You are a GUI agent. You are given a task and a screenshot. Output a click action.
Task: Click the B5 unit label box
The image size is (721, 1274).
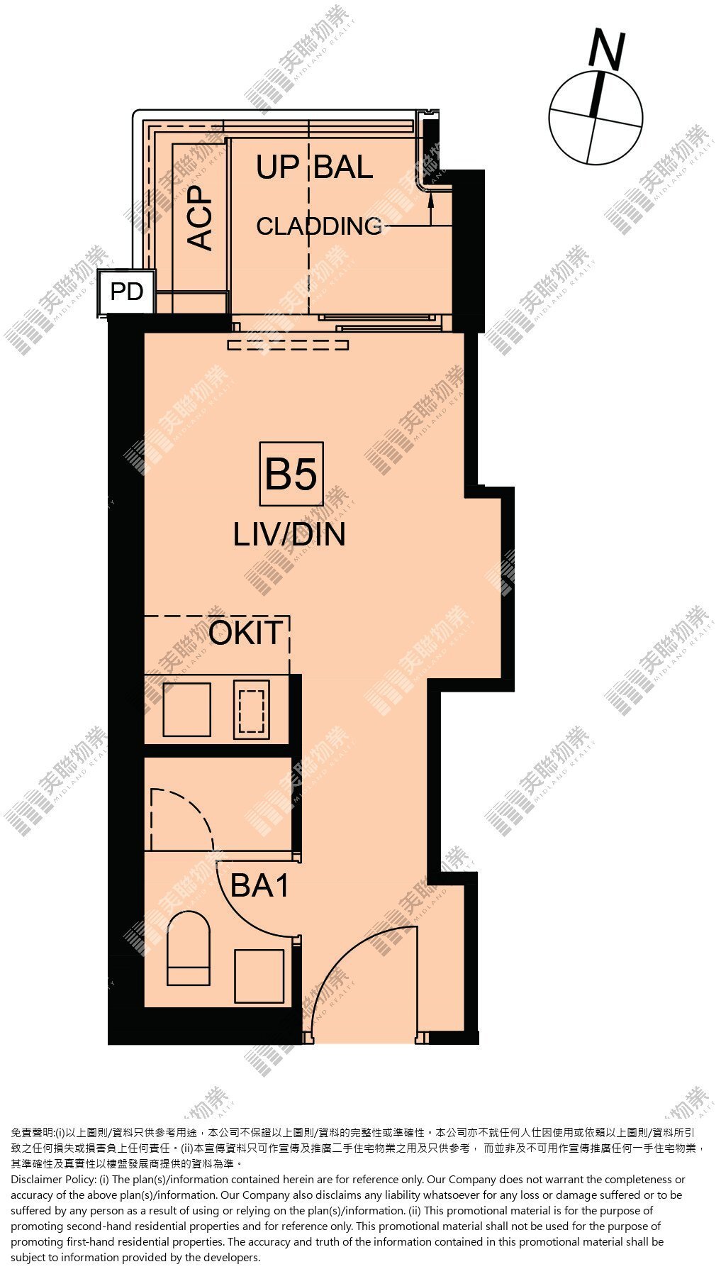click(291, 474)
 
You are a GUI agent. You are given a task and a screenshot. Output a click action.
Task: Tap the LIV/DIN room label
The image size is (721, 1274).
click(289, 535)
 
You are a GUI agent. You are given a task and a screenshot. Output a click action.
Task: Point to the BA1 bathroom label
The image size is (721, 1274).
click(259, 886)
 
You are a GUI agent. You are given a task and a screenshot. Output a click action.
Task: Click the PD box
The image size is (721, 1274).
click(126, 292)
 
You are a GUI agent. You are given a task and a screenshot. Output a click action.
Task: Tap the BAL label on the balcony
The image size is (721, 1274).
click(344, 167)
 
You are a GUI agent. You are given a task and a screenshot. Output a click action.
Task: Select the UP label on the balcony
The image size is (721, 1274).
click(277, 167)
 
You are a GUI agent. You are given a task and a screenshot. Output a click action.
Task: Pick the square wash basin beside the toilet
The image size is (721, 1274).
click(259, 976)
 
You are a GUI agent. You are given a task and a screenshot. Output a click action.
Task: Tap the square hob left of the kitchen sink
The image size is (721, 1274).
click(186, 709)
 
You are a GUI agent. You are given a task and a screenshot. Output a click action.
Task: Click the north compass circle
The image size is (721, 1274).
click(596, 118)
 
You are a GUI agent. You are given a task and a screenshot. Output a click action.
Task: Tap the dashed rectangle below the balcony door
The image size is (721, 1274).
click(289, 345)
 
